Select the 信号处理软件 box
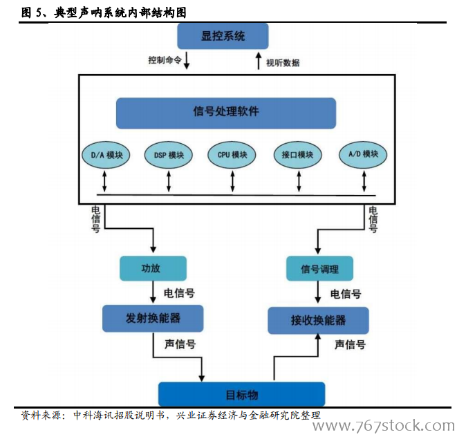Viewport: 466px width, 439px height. click(x=226, y=113)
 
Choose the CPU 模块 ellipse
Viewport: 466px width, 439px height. click(x=232, y=155)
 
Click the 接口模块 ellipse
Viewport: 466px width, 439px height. click(x=298, y=155)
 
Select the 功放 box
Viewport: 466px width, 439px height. click(x=153, y=268)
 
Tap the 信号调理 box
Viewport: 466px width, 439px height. click(x=319, y=268)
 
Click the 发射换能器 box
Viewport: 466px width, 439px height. click(x=153, y=318)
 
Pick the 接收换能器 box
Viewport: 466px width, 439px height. click(x=318, y=320)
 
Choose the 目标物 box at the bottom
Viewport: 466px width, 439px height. click(x=242, y=394)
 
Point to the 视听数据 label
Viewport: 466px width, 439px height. click(x=283, y=63)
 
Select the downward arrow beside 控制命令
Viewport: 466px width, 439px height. click(x=187, y=61)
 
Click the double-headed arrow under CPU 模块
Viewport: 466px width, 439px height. click(x=232, y=181)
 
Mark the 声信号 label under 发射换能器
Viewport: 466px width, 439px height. click(x=179, y=344)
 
